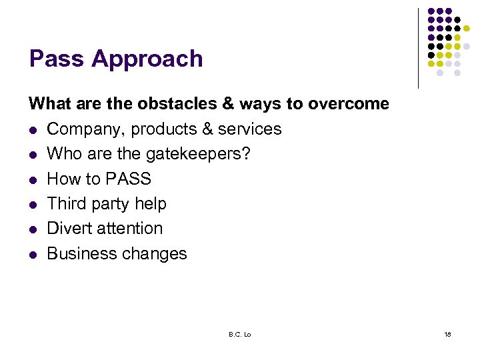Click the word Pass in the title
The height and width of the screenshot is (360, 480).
(57, 59)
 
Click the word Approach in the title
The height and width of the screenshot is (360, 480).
(147, 60)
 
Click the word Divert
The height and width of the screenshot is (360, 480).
(68, 228)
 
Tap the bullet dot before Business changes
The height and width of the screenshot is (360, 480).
(32, 254)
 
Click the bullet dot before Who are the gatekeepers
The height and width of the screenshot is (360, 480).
(32, 155)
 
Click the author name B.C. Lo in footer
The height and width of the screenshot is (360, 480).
(239, 334)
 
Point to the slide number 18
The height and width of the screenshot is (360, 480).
(447, 334)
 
